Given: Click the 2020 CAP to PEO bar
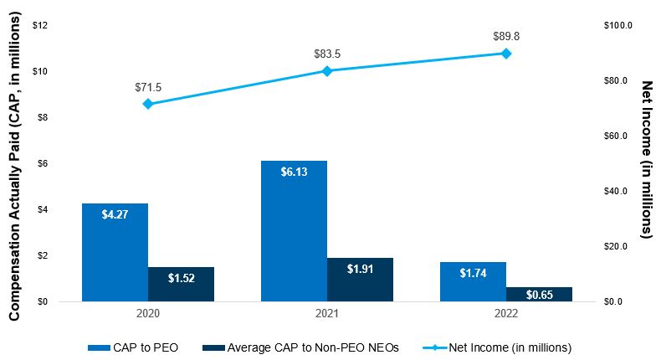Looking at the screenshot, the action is pos(115,252).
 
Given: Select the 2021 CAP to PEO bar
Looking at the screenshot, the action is pos(294,231).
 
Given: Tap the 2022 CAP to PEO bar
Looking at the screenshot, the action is pos(473,281).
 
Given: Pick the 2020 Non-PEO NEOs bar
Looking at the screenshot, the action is pos(181,284).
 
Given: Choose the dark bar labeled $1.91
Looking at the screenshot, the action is pos(360,280).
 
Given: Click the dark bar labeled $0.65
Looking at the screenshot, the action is pos(539,294).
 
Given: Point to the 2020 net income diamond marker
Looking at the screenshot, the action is pos(148,104).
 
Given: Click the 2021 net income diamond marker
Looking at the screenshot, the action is pos(327,71).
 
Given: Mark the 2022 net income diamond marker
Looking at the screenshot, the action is pos(506,54).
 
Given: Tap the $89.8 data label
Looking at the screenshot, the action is pos(506,36).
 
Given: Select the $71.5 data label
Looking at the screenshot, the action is pos(148,87).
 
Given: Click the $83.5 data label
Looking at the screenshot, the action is pos(327,54).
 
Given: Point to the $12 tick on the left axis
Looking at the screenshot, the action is pos(40,25).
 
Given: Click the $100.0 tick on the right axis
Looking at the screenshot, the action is pos(618,25).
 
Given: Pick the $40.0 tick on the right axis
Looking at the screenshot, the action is pos(616,191).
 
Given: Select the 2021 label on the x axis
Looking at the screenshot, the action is pos(327,314).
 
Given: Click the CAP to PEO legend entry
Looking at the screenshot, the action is pos(133,347).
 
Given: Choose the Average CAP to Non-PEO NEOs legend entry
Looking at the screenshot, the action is pos(300,347).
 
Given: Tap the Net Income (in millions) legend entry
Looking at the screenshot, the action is pos(498,347).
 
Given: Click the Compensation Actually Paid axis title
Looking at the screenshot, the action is pos(14,167).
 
